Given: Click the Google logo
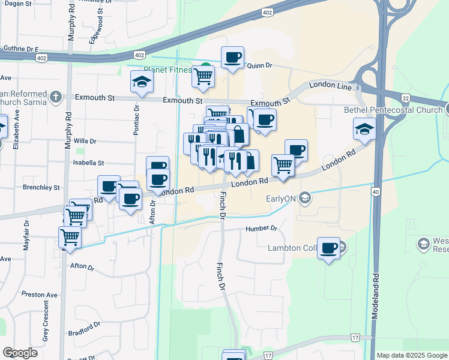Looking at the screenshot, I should [20, 353].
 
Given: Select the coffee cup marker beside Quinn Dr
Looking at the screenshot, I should [232, 58].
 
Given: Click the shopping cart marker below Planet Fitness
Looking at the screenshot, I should [203, 76].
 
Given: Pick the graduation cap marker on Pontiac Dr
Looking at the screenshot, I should [141, 83].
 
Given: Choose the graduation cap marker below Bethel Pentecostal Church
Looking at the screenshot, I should [364, 129].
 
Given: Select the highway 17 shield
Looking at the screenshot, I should [355, 338].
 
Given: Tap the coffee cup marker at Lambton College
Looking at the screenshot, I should [328, 248].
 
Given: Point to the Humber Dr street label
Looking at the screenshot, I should [261, 229].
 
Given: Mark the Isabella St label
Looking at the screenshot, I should [88, 163].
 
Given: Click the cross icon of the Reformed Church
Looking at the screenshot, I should [55, 96].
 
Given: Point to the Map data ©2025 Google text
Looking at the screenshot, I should [411, 355].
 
